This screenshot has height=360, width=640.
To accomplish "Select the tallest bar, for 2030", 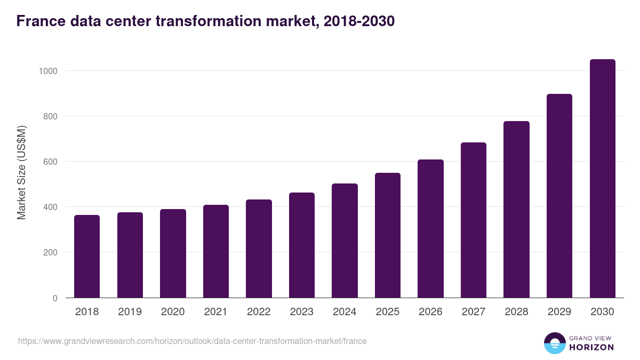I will click(602, 179).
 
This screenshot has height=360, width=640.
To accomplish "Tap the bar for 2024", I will click(345, 241).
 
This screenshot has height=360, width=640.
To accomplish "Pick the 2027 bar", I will click(474, 220).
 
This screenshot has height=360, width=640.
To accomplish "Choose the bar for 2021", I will click(216, 251).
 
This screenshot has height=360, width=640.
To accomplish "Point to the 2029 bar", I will click(559, 196).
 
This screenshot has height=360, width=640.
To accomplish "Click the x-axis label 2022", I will click(259, 312).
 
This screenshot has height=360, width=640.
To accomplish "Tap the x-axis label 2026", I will click(430, 312).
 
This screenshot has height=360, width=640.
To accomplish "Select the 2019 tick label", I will click(130, 312).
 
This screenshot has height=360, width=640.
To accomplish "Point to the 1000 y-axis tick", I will click(49, 71).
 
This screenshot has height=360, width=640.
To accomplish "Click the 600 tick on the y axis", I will click(51, 162).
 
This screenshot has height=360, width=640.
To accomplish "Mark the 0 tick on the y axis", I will click(55, 298).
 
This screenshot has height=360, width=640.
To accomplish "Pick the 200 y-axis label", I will click(51, 252).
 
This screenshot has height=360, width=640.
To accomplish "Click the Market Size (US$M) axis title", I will click(21, 172).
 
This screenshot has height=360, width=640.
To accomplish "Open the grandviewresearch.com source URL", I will click(193, 341).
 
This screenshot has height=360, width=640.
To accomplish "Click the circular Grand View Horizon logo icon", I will click(555, 343).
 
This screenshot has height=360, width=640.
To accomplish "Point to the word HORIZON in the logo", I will click(591, 347).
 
